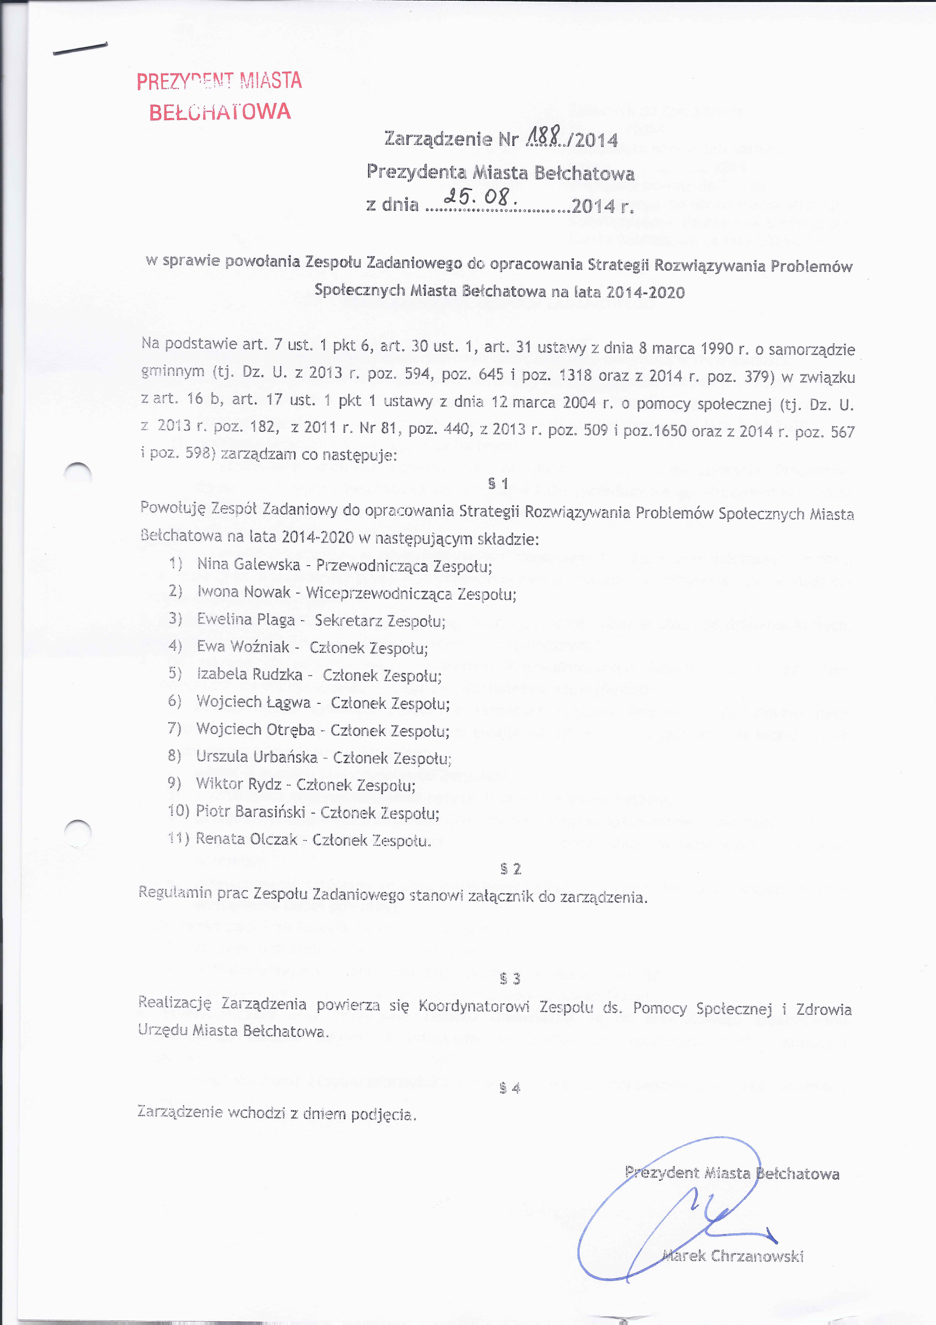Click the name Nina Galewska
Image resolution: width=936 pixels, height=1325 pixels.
click(249, 564)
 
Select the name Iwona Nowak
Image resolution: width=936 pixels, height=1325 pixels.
click(244, 591)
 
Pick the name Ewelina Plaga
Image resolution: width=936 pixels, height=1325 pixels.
click(246, 619)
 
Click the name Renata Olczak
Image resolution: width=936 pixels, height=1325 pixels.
click(246, 839)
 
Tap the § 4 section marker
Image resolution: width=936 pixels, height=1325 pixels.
click(510, 1088)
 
